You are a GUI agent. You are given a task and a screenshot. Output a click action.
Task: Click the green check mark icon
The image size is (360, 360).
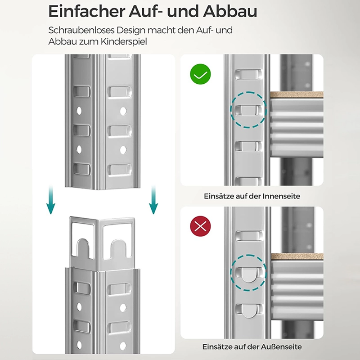tap(200, 74)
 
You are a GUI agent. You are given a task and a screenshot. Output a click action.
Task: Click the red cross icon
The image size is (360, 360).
tap(200, 226)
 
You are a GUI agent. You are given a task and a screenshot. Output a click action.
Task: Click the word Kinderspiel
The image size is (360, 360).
tap(124, 42)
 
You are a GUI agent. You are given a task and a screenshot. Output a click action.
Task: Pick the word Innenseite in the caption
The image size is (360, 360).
tap(281, 196)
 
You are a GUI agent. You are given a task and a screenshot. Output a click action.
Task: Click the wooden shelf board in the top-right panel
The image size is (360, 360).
tap(297, 94)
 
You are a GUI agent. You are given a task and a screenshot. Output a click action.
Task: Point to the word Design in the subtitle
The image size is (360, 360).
tap(131, 30)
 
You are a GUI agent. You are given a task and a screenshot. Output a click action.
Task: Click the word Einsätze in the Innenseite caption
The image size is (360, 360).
tap(218, 196)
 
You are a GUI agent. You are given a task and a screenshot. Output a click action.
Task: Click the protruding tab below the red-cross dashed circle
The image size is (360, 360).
tap(249, 311)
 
